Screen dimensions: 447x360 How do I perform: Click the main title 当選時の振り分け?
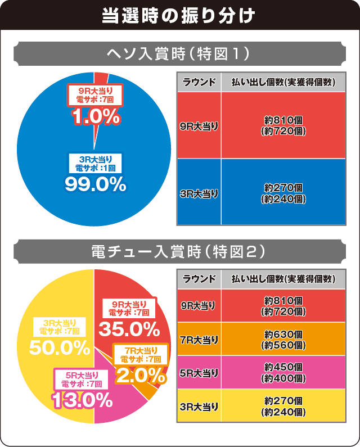coord(179,15)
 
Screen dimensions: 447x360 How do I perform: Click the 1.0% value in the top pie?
coord(96,116)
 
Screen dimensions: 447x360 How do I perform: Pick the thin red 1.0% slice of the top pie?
coord(100,78)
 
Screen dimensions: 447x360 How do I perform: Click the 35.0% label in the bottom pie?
coord(129,327)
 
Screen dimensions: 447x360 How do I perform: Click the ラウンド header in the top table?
coord(199,82)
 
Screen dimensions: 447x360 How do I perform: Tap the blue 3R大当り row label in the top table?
coord(199,193)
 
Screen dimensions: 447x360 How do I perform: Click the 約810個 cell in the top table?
coord(283,125)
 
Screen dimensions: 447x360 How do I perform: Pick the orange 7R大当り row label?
coord(199,339)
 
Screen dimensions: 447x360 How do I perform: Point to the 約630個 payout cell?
coord(283,339)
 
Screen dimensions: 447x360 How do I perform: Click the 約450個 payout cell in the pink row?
coord(283,372)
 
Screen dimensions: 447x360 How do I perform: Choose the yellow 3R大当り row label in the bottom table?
coord(199,406)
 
